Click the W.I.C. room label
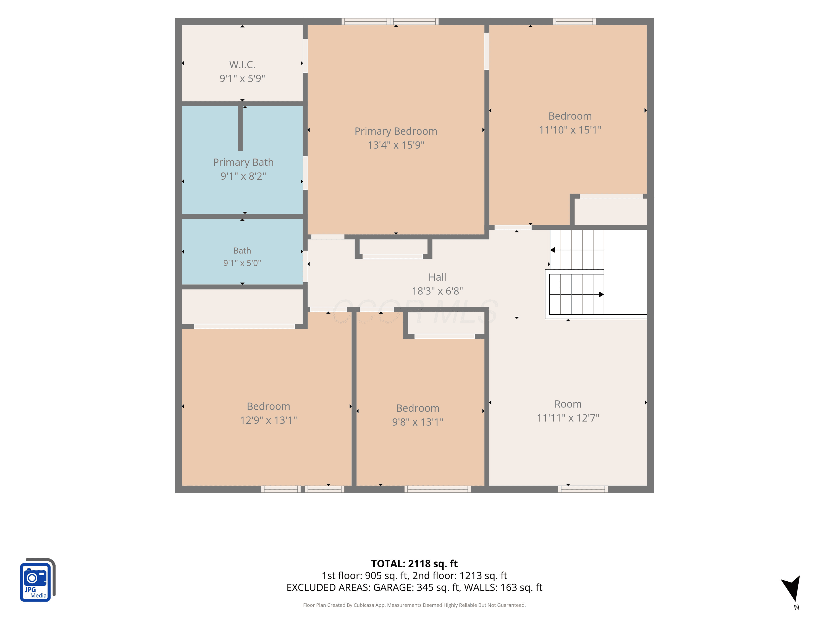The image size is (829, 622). (242, 64)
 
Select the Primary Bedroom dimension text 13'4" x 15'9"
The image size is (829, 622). (396, 145)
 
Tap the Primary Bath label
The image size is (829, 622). (243, 162)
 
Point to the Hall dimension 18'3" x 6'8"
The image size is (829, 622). (437, 291)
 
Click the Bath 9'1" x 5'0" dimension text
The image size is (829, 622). (242, 263)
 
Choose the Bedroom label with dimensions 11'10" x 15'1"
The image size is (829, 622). (570, 116)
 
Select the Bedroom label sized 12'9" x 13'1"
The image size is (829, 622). (268, 406)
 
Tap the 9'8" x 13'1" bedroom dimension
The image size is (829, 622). (418, 422)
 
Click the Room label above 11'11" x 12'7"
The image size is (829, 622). (568, 404)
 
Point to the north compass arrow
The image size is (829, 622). (792, 588)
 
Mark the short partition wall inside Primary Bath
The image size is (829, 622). (240, 128)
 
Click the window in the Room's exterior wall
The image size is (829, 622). (583, 489)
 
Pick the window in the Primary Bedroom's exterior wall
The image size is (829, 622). (390, 21)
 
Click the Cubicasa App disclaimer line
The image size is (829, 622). (414, 605)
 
